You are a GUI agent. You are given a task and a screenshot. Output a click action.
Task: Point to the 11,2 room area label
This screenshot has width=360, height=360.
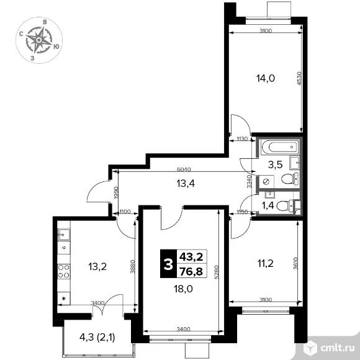(x=264, y=263)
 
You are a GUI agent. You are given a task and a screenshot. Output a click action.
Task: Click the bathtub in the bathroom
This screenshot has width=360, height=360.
(x=280, y=148)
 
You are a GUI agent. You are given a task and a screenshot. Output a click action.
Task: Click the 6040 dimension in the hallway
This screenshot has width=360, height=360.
(x=182, y=169)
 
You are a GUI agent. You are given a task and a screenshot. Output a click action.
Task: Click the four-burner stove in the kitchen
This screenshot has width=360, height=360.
(x=63, y=271)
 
